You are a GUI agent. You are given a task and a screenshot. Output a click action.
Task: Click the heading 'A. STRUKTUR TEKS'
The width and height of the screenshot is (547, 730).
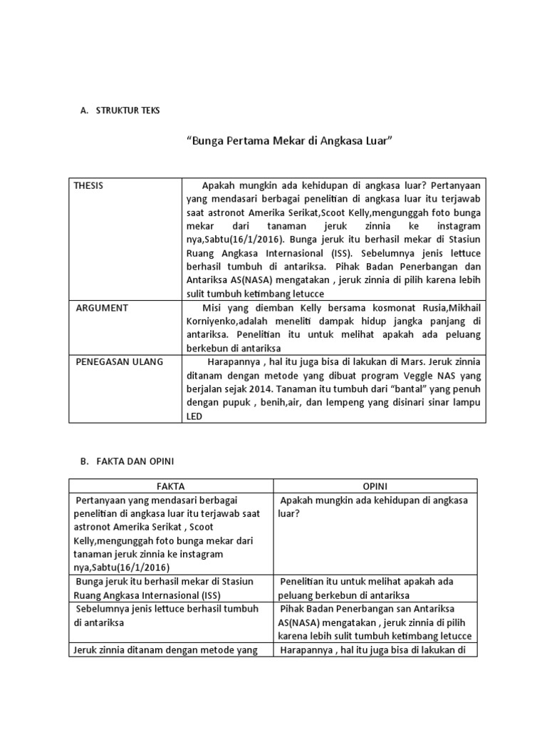(120, 110)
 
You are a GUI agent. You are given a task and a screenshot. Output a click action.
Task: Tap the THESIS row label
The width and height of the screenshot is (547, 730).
(88, 185)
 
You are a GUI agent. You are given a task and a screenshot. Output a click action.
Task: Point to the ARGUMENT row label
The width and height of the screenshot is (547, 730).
(102, 307)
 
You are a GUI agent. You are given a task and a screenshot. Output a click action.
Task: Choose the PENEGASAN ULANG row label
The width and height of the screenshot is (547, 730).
(118, 361)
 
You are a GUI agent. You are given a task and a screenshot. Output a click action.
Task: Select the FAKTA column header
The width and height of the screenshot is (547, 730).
(170, 485)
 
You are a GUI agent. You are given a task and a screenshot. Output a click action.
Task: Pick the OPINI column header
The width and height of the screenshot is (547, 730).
(375, 485)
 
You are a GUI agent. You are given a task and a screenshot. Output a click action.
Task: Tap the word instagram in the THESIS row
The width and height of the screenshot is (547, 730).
(455, 226)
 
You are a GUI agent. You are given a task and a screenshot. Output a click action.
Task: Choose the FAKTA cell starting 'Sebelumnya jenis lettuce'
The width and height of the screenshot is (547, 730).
(170, 615)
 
